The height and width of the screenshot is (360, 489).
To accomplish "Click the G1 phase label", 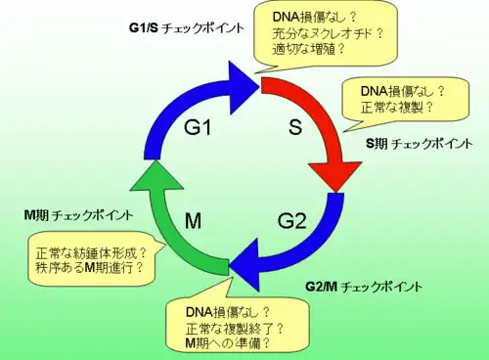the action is [198, 127].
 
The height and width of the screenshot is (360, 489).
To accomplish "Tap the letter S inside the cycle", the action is [295, 127].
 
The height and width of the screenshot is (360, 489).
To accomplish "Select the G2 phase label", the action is [292, 221].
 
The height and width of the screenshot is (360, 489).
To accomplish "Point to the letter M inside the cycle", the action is [193, 221].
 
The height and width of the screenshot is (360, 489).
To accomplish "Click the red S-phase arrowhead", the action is [335, 174].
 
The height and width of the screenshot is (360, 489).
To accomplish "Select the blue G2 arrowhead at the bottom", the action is [244, 264].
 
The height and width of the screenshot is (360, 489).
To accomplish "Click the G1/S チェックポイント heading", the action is [187, 28].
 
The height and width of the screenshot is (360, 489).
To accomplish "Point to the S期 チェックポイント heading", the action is [420, 144].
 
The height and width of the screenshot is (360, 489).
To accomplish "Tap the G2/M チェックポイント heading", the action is [364, 287].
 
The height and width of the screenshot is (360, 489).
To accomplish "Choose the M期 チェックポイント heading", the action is [79, 215].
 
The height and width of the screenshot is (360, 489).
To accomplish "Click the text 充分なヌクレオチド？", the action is [328, 33].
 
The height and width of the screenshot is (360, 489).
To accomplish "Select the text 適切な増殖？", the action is [308, 49].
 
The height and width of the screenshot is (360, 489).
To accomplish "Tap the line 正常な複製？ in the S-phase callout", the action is [397, 108].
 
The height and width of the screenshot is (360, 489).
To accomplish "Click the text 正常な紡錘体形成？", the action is [91, 253].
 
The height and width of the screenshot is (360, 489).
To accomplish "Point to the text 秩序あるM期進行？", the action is [90, 268].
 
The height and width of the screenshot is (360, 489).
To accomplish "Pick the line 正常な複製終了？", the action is [235, 329].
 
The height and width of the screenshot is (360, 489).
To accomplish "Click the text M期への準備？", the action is [228, 343].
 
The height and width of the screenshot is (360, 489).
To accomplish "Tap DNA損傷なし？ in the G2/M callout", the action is [228, 312].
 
